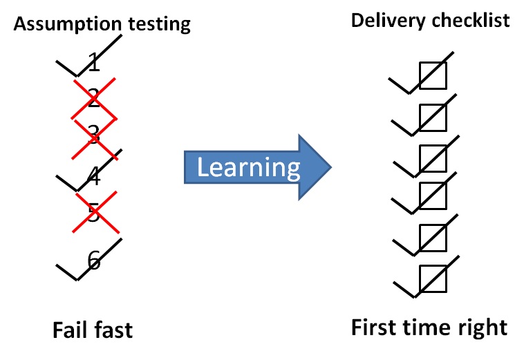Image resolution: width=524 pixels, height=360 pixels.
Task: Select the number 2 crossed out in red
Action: point(95,97)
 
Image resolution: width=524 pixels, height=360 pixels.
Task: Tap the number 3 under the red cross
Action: point(94,135)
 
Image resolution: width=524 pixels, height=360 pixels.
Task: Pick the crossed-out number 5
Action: point(94,214)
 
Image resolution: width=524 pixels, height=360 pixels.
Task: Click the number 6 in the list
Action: point(95,260)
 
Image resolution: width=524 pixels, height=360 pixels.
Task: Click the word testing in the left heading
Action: point(156,26)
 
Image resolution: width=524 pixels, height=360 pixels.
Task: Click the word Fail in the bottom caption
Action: point(73,330)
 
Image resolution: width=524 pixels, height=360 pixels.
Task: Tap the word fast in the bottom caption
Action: point(113,330)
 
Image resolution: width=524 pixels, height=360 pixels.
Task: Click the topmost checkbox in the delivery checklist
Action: point(433,76)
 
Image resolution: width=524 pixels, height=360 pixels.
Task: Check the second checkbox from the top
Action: point(433,117)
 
